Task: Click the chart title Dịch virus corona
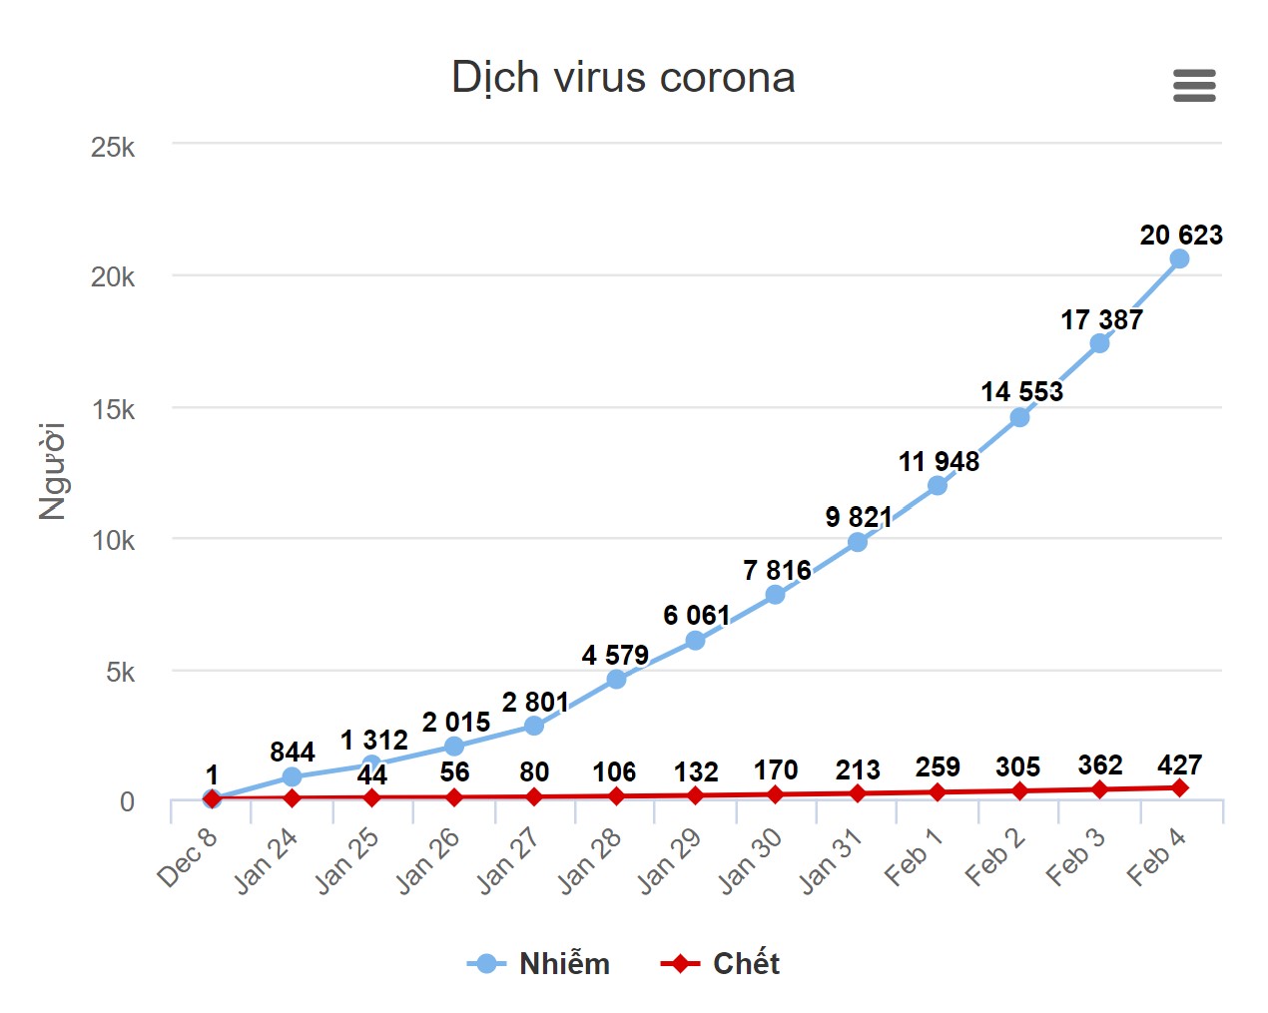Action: pyautogui.click(x=623, y=78)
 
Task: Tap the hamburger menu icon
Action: pyautogui.click(x=1194, y=86)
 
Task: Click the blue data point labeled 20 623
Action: pyautogui.click(x=1179, y=258)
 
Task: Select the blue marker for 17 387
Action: pyautogui.click(x=1099, y=343)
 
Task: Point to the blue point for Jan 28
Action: pyautogui.click(x=616, y=679)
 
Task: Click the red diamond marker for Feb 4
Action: pyautogui.click(x=1179, y=787)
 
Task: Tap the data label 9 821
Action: pyautogui.click(x=859, y=517)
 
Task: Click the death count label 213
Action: pyautogui.click(x=858, y=770)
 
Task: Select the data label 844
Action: pyautogui.click(x=292, y=752)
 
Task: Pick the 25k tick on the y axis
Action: pyautogui.click(x=113, y=148)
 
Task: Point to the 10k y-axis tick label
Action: pyautogui.click(x=113, y=541)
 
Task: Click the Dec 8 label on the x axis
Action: pyautogui.click(x=187, y=857)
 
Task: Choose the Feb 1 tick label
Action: pyautogui.click(x=914, y=857)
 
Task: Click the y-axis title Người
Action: pyautogui.click(x=52, y=471)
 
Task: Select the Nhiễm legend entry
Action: pyautogui.click(x=539, y=963)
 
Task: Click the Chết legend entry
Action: pyautogui.click(x=721, y=963)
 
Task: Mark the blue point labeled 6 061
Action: pyautogui.click(x=695, y=640)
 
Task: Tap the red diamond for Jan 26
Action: pyautogui.click(x=454, y=796)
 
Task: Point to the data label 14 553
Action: pyautogui.click(x=1021, y=391)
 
